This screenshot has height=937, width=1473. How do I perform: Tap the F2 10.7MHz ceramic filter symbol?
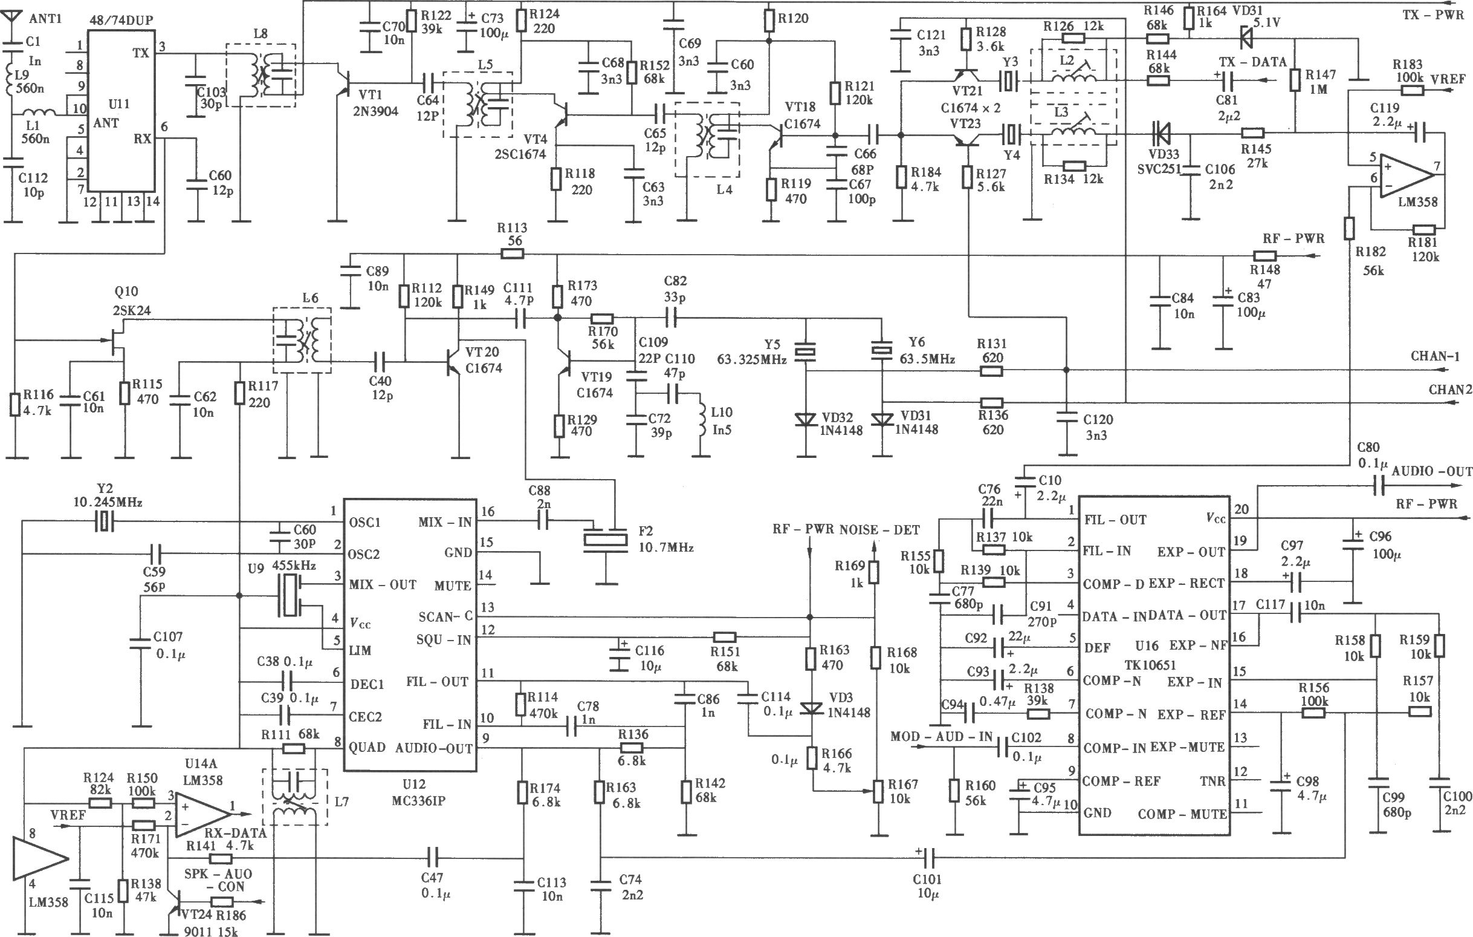point(606,538)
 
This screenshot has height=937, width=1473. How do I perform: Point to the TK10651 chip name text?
point(1151,665)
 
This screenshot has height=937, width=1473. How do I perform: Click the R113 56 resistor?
point(513,253)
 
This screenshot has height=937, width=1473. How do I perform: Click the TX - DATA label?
point(1253,62)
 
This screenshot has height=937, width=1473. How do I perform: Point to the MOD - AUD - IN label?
point(942,736)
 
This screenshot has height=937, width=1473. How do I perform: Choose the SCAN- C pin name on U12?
point(445,616)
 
